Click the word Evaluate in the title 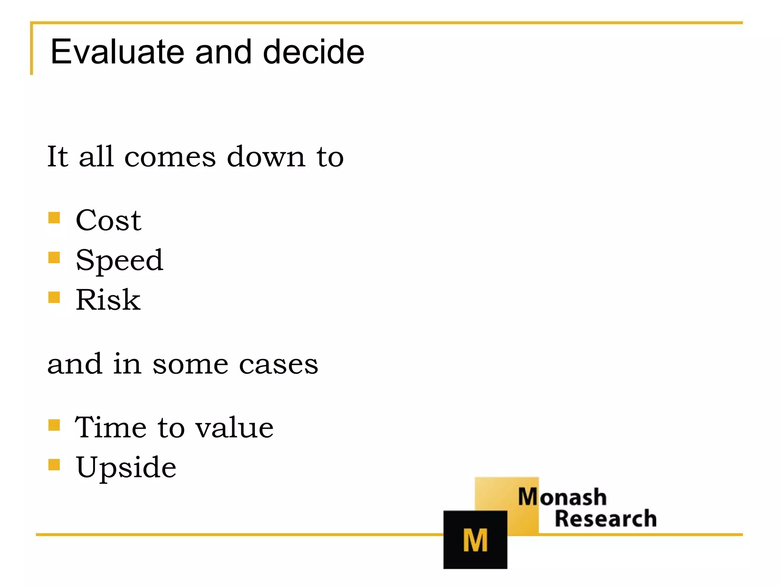[117, 52]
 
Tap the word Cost [109, 220]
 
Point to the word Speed [119, 261]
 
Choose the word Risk [108, 300]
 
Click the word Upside [126, 467]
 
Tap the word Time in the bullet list [111, 427]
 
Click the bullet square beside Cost [54, 218]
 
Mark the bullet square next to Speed [54, 258]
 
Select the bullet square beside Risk [54, 297]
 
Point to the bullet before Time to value [54, 425]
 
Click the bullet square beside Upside [54, 465]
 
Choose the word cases [278, 365]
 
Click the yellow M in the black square [475, 540]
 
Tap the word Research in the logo [606, 519]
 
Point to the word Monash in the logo [562, 497]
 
